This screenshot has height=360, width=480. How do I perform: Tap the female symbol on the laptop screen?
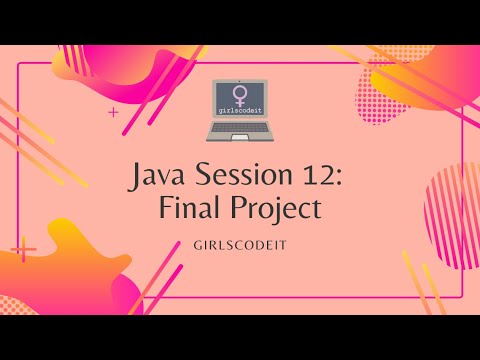pyautogui.click(x=240, y=97)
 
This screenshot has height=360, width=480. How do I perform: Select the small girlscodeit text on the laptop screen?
pyautogui.click(x=240, y=113)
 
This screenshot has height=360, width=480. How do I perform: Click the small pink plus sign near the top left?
pyautogui.click(x=113, y=112)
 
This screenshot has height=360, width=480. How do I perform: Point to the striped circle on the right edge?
pyautogui.click(x=454, y=200)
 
